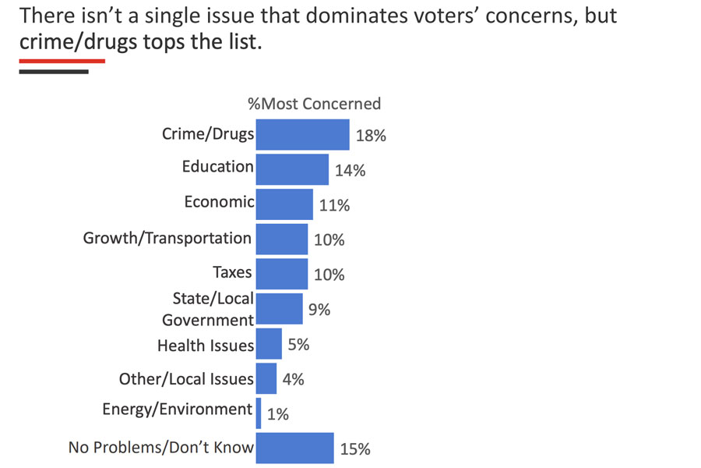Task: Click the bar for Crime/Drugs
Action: [x=302, y=134]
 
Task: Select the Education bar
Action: [x=292, y=168]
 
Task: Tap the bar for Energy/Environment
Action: [x=259, y=413]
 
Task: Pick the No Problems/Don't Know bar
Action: [x=294, y=448]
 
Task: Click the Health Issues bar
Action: [x=269, y=343]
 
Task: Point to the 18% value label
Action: [x=371, y=135]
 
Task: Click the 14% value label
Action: [x=350, y=170]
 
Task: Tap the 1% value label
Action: [x=277, y=414]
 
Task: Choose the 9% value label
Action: [x=319, y=310]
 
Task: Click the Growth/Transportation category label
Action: [x=167, y=237]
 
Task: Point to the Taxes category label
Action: [x=232, y=272]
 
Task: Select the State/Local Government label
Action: [x=208, y=309]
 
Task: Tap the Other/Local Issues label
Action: [x=186, y=379]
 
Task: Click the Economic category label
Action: [x=219, y=201]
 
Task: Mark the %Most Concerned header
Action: [x=314, y=103]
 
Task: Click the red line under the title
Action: [x=62, y=60]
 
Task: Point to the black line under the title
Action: [x=54, y=72]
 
